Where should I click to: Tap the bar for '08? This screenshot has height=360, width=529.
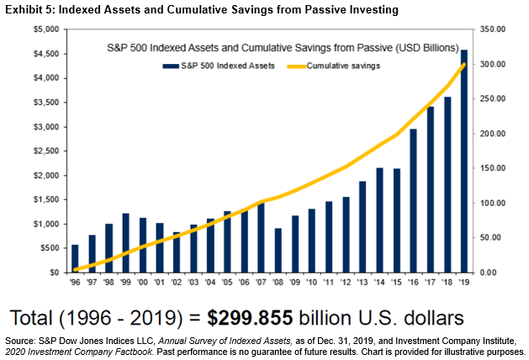pos(278,251)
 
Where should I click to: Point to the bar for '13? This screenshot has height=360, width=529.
pos(363,227)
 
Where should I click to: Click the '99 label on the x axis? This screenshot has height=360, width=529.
pos(125,283)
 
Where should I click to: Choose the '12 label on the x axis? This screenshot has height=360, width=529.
pos(346,283)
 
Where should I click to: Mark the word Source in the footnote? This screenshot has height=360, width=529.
pos(21,340)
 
